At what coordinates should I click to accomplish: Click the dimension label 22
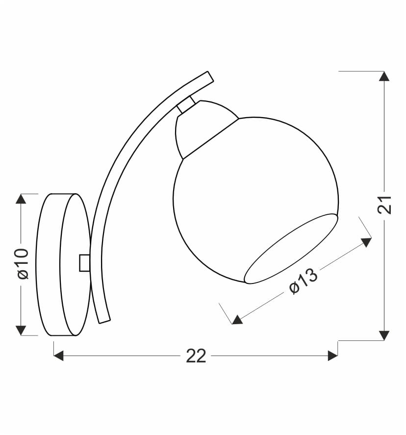click(196, 356)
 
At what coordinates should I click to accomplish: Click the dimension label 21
click(384, 205)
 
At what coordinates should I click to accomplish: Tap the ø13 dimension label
click(303, 281)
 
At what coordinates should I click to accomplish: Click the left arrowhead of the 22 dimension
click(58, 356)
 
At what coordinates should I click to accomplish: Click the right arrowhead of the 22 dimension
click(333, 356)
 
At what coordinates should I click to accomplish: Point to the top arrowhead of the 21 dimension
click(384, 77)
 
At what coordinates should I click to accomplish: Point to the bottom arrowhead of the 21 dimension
click(384, 335)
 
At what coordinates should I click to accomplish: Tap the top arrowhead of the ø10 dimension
click(21, 199)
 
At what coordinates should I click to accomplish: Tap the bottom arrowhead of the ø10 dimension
click(21, 331)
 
